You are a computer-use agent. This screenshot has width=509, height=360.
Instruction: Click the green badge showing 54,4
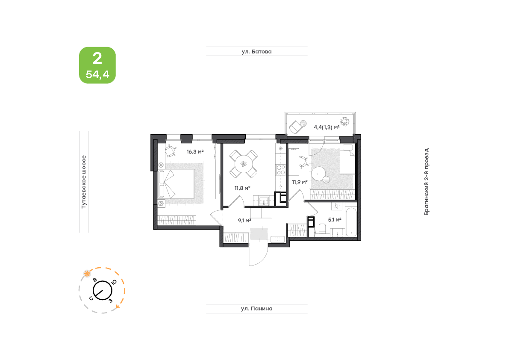point(97,65)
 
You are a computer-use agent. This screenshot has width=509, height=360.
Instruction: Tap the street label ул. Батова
point(256,52)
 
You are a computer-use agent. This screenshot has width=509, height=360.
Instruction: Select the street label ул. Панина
point(256,309)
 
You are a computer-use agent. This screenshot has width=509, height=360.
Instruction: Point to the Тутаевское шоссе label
point(84,182)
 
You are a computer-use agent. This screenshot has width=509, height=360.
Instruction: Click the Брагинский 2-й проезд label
point(427,182)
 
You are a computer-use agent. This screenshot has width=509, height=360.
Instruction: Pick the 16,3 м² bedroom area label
point(195,152)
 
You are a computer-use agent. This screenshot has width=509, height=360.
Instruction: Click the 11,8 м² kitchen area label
point(242,188)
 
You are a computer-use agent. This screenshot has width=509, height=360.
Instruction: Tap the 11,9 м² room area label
point(299,182)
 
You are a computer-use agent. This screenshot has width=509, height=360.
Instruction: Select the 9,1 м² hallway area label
point(244,221)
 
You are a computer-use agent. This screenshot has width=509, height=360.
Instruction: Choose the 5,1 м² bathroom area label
point(334,220)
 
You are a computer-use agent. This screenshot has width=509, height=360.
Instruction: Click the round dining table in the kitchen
point(244,164)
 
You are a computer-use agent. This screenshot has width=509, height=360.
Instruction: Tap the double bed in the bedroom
point(176,184)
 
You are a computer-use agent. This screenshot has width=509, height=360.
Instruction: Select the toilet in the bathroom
point(322,229)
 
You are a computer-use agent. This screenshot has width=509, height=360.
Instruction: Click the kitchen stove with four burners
point(281,170)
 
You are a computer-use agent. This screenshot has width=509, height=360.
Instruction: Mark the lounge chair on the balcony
point(296,127)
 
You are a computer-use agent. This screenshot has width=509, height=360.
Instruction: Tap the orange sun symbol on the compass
point(87,274)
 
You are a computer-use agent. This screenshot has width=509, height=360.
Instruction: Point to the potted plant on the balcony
point(344,122)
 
